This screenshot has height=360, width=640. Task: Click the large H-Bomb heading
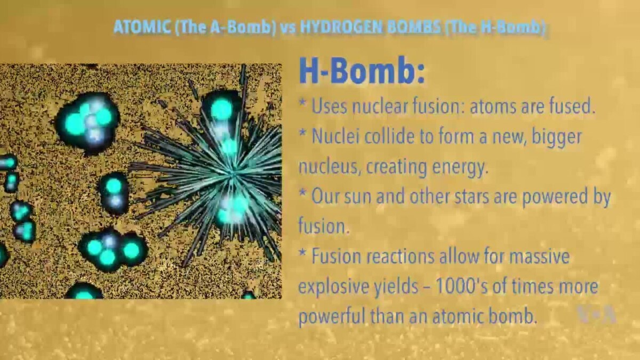[362, 70]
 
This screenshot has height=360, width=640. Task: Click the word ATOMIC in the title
[141, 27]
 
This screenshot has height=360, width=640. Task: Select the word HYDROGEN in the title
[338, 27]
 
